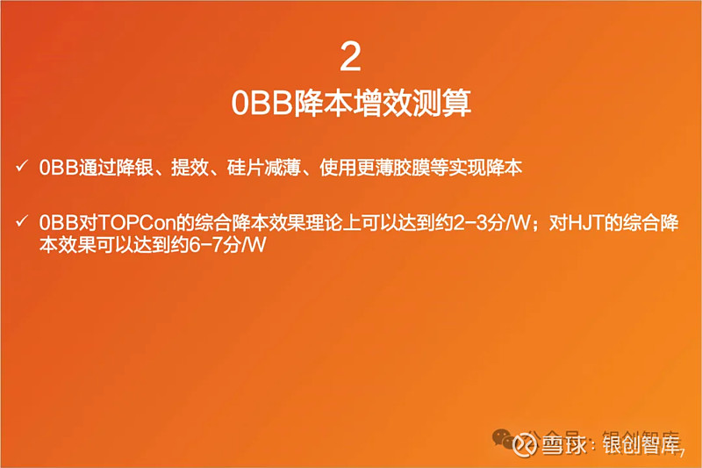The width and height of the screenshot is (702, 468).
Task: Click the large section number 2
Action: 350,58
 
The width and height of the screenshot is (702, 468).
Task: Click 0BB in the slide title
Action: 254,103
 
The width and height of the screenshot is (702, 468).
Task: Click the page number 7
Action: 683,451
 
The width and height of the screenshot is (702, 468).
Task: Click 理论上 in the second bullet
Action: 331,223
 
